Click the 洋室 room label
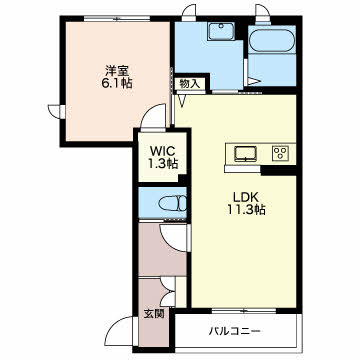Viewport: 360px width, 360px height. pos(117,72)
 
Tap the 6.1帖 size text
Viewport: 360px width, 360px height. pos(117,83)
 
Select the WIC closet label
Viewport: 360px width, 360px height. pos(163,151)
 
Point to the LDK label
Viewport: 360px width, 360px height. pos(246,197)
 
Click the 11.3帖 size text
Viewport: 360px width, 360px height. pos(246,210)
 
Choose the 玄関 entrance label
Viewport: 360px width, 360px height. pos(154,313)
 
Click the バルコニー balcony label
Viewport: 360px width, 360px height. pos(235,331)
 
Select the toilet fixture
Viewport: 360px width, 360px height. pos(172,203)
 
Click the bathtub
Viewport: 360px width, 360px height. pos(272,41)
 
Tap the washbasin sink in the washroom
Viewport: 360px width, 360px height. pos(221,32)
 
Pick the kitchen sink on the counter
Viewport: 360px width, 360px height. pos(246,154)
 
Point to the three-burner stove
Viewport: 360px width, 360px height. pos(281,153)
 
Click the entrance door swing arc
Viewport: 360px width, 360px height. pos(121,325)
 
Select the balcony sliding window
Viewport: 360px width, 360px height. pos(244,311)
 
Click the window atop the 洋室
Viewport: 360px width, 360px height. pos(117,19)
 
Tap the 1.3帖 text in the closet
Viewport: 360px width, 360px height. pos(163,163)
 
